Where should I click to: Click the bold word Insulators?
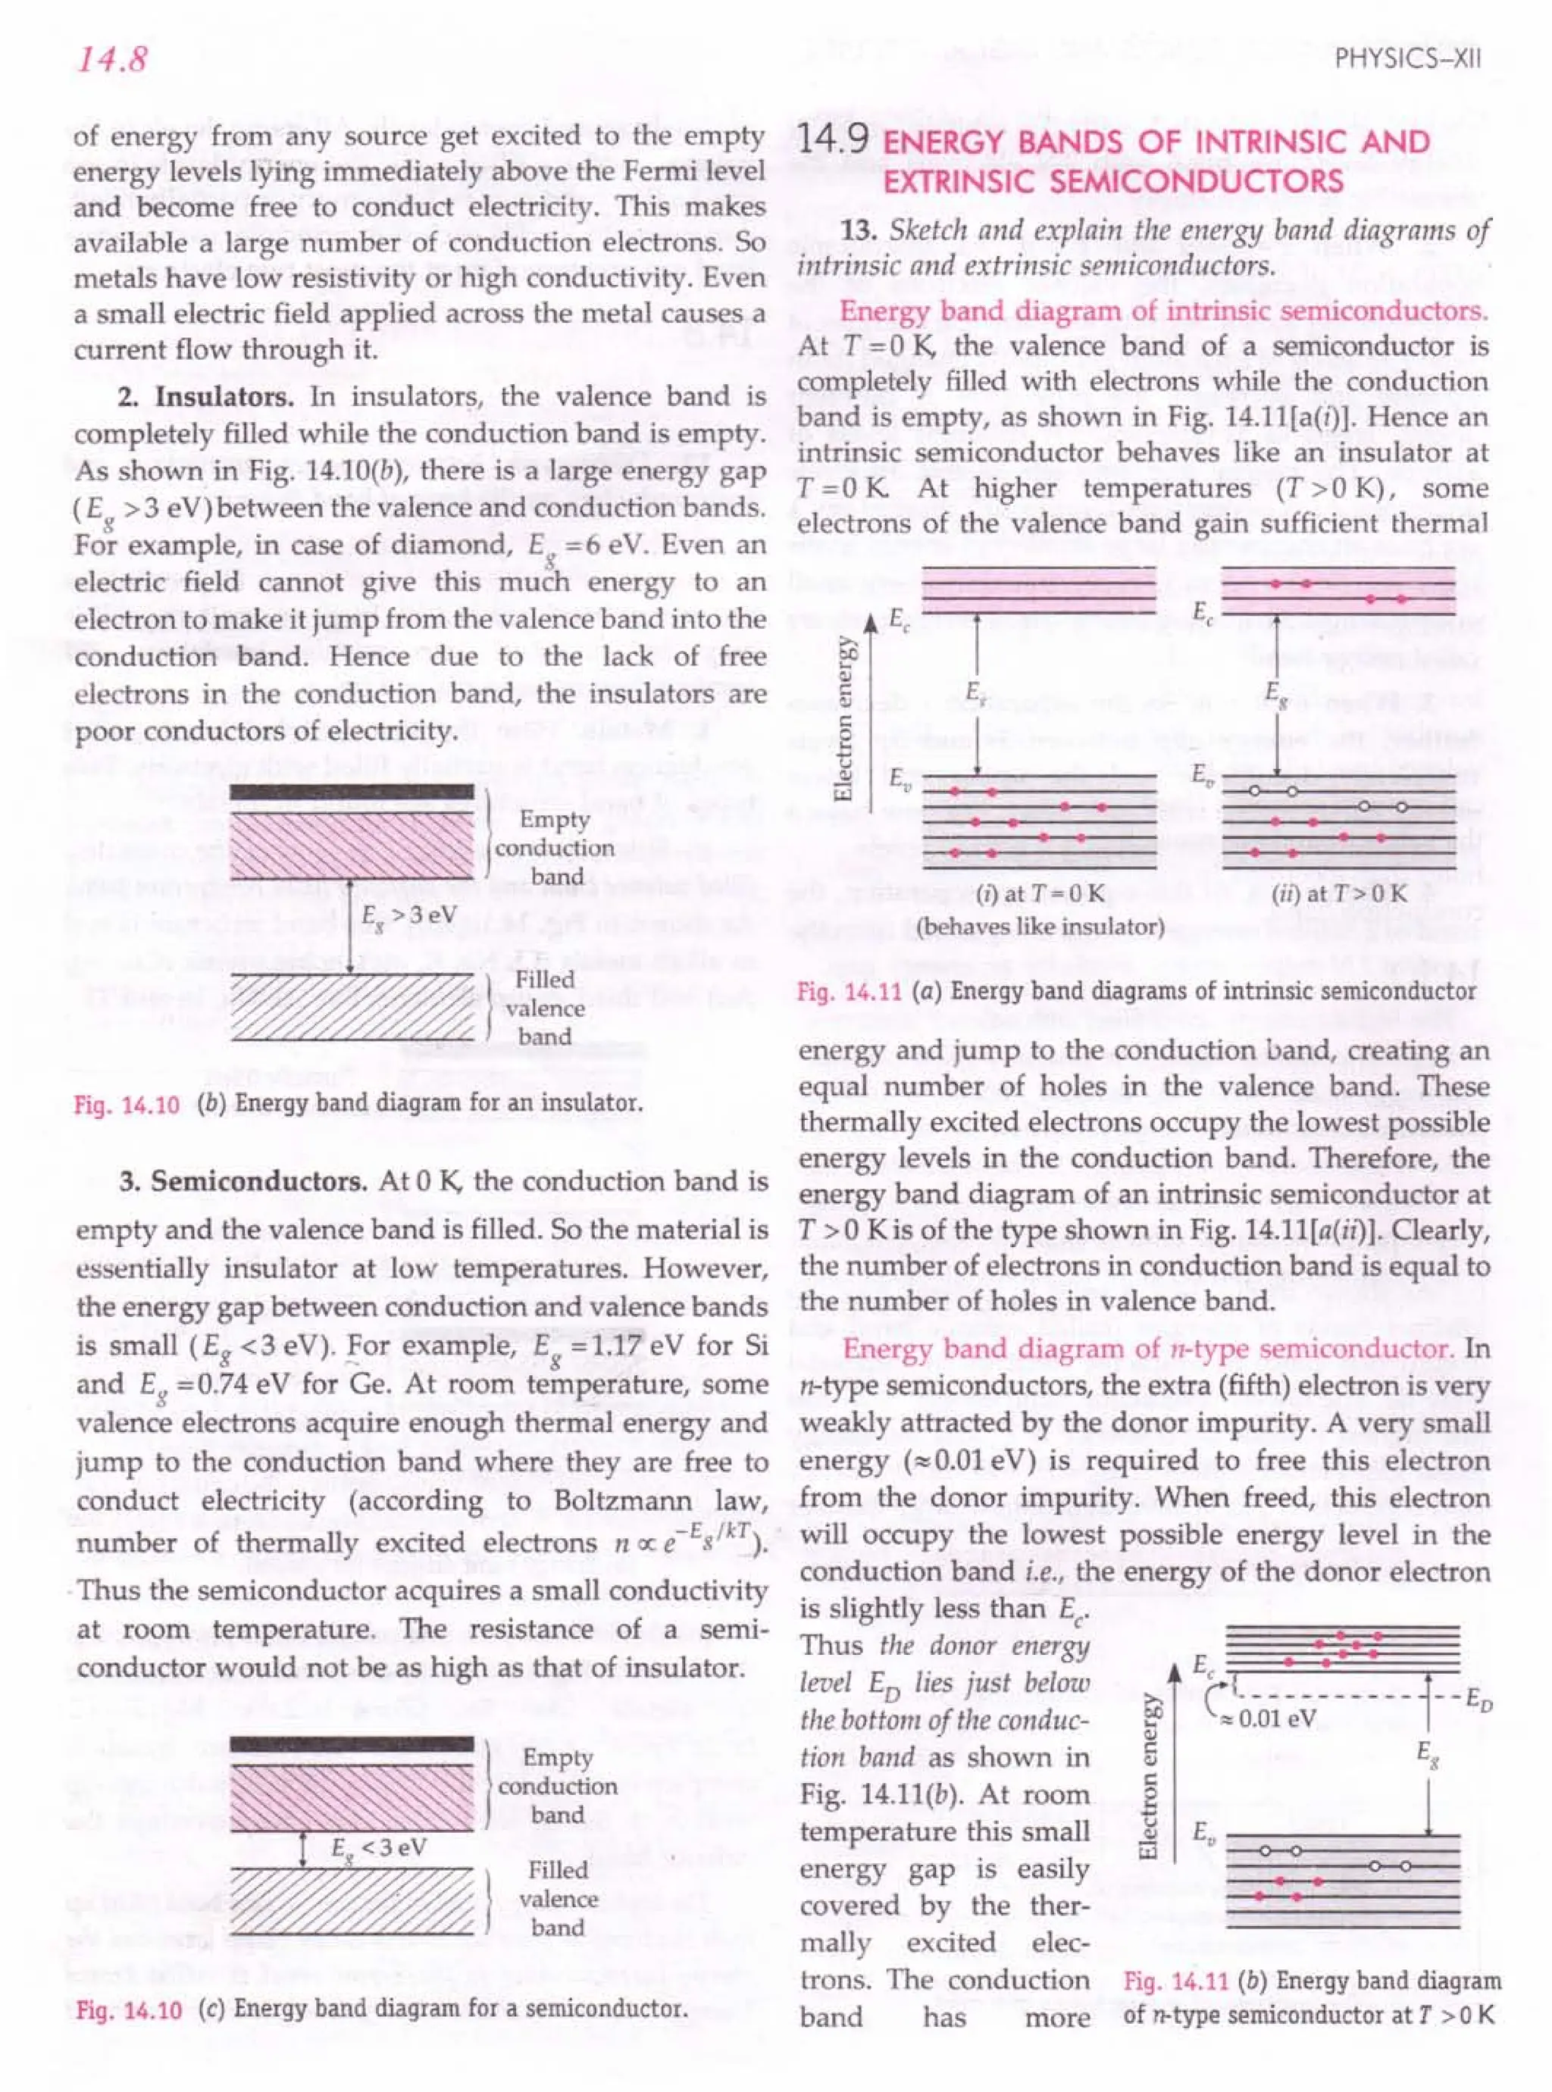point(224,396)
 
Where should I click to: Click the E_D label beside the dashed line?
point(1477,1700)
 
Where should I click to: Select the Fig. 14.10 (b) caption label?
point(126,1104)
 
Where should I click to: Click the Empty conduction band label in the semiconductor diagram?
point(558,1786)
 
